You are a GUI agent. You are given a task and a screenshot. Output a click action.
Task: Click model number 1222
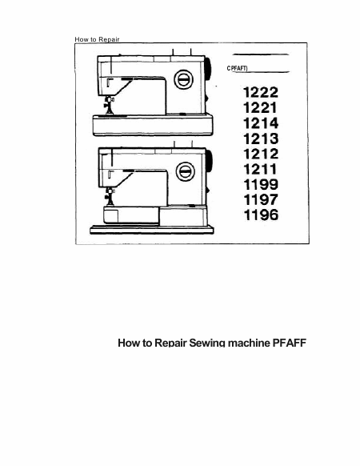[261, 92]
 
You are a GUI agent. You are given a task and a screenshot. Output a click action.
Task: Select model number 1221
[260, 107]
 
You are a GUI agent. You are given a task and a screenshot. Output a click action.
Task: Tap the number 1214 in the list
[261, 123]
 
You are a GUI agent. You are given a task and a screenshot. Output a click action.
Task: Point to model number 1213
[261, 139]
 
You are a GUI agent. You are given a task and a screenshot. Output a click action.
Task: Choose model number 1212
[261, 154]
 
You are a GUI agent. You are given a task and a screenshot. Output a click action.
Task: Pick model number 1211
[260, 169]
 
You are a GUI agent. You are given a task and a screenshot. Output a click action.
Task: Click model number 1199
[261, 184]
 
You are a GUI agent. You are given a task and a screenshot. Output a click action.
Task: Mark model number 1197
[261, 199]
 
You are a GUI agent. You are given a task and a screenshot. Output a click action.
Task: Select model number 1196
[261, 215]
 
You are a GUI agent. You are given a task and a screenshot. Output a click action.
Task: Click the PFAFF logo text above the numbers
[237, 69]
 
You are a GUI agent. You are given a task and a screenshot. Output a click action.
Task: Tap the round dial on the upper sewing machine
[183, 79]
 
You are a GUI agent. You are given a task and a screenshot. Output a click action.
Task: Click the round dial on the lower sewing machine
[186, 172]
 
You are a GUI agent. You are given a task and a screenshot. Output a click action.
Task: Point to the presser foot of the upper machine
[109, 106]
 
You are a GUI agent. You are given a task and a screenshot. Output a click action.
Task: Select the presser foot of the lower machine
[110, 197]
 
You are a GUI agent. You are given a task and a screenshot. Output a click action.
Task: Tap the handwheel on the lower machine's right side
[209, 162]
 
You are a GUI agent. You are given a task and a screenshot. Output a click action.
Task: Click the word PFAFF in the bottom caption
[290, 343]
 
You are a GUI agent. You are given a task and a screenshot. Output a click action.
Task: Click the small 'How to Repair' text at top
[97, 39]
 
